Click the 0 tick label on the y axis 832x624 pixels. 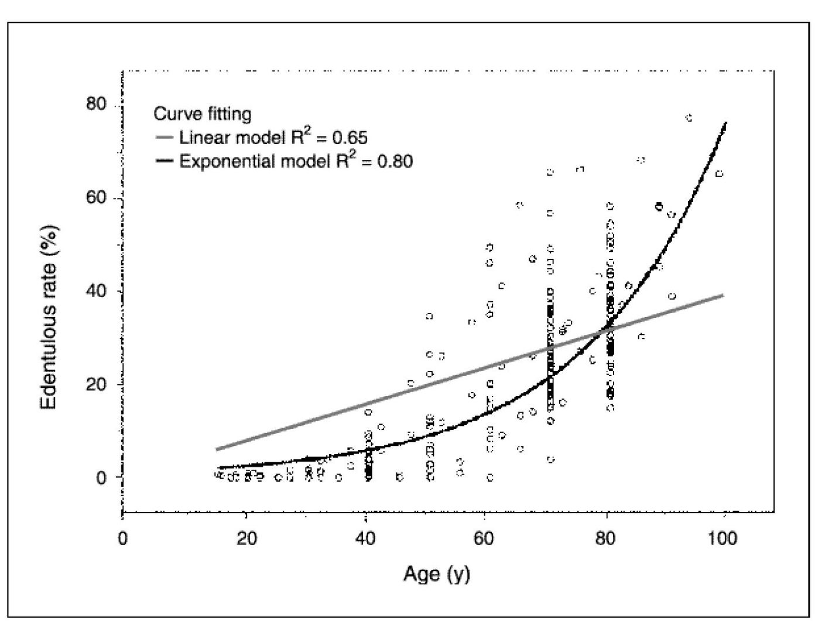point(102,478)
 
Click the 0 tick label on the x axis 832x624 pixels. point(122,538)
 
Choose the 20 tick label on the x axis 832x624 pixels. point(246,538)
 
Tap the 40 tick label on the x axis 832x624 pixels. point(365,538)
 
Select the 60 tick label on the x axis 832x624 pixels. point(484,538)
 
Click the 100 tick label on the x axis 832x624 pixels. point(722,538)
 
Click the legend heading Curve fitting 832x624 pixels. point(203,113)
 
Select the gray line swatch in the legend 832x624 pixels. point(165,138)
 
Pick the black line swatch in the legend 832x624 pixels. point(165,161)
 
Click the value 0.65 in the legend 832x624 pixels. point(350,138)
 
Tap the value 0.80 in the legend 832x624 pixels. point(395,161)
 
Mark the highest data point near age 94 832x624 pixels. point(689,118)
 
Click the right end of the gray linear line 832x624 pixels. point(724,295)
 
